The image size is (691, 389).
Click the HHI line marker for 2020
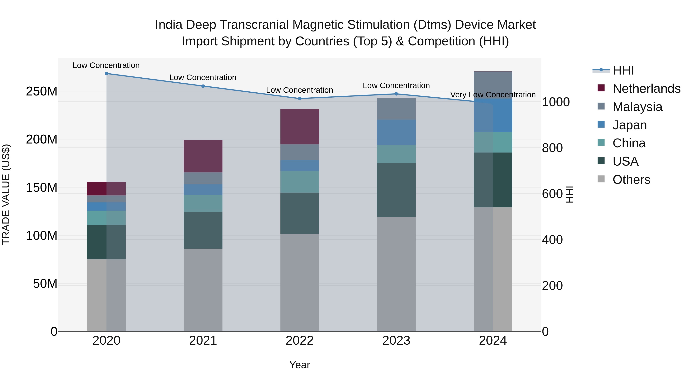(x=107, y=74)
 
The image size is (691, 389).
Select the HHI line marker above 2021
(x=203, y=86)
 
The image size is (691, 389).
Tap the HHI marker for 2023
(x=396, y=94)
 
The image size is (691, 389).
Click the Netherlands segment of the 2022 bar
(x=300, y=127)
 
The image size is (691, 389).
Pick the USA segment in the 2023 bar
(x=396, y=190)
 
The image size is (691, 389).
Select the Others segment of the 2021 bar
(x=203, y=290)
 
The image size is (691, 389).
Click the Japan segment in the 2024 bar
(x=493, y=115)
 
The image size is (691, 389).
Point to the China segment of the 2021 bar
(x=203, y=203)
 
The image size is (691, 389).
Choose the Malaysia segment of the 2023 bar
(x=396, y=109)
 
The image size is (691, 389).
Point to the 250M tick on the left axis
(x=42, y=92)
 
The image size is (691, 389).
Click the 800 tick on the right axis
(x=552, y=148)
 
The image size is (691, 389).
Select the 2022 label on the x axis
(x=300, y=341)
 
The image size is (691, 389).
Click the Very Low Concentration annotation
(x=493, y=95)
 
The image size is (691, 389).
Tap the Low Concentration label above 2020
(x=106, y=66)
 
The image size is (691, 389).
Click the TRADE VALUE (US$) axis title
(x=6, y=194)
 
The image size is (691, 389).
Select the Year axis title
(x=300, y=365)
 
